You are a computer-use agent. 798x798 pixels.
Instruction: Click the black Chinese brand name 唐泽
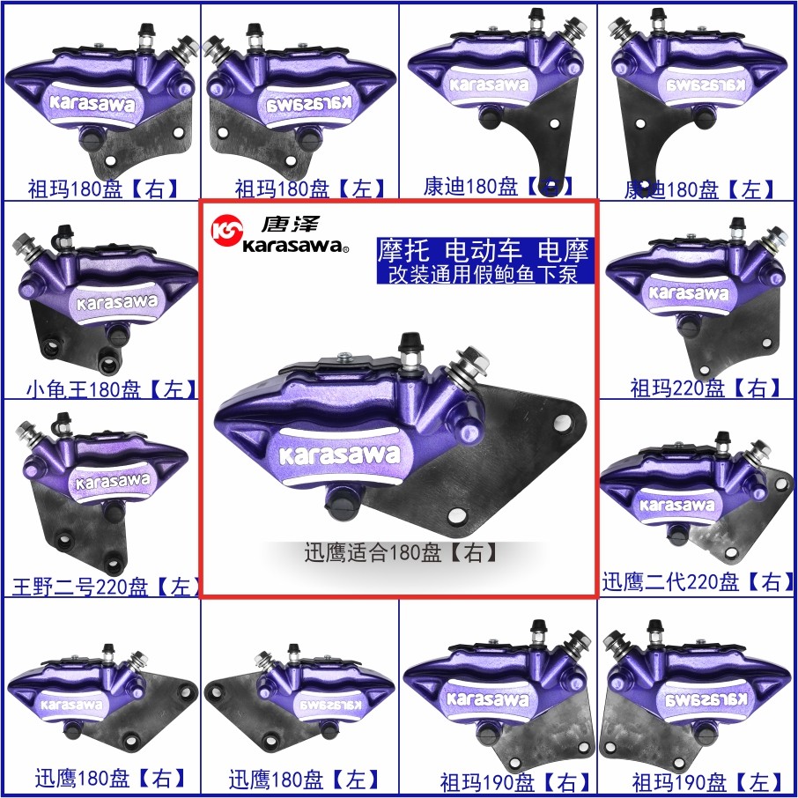click(x=276, y=224)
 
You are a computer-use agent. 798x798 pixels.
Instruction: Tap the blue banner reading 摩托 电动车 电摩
click(x=483, y=249)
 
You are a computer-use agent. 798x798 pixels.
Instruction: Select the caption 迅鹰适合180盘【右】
click(x=401, y=553)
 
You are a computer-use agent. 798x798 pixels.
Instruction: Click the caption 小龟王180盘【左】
click(x=111, y=388)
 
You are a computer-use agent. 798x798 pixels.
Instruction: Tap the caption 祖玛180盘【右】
click(x=103, y=188)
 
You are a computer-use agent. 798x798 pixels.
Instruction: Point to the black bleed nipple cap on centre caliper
click(x=410, y=343)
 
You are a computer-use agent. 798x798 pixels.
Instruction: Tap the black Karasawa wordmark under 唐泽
click(x=294, y=248)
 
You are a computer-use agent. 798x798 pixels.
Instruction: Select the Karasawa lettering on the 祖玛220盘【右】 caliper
click(x=689, y=292)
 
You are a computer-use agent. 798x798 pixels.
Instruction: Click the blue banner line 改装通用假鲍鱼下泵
click(x=483, y=273)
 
